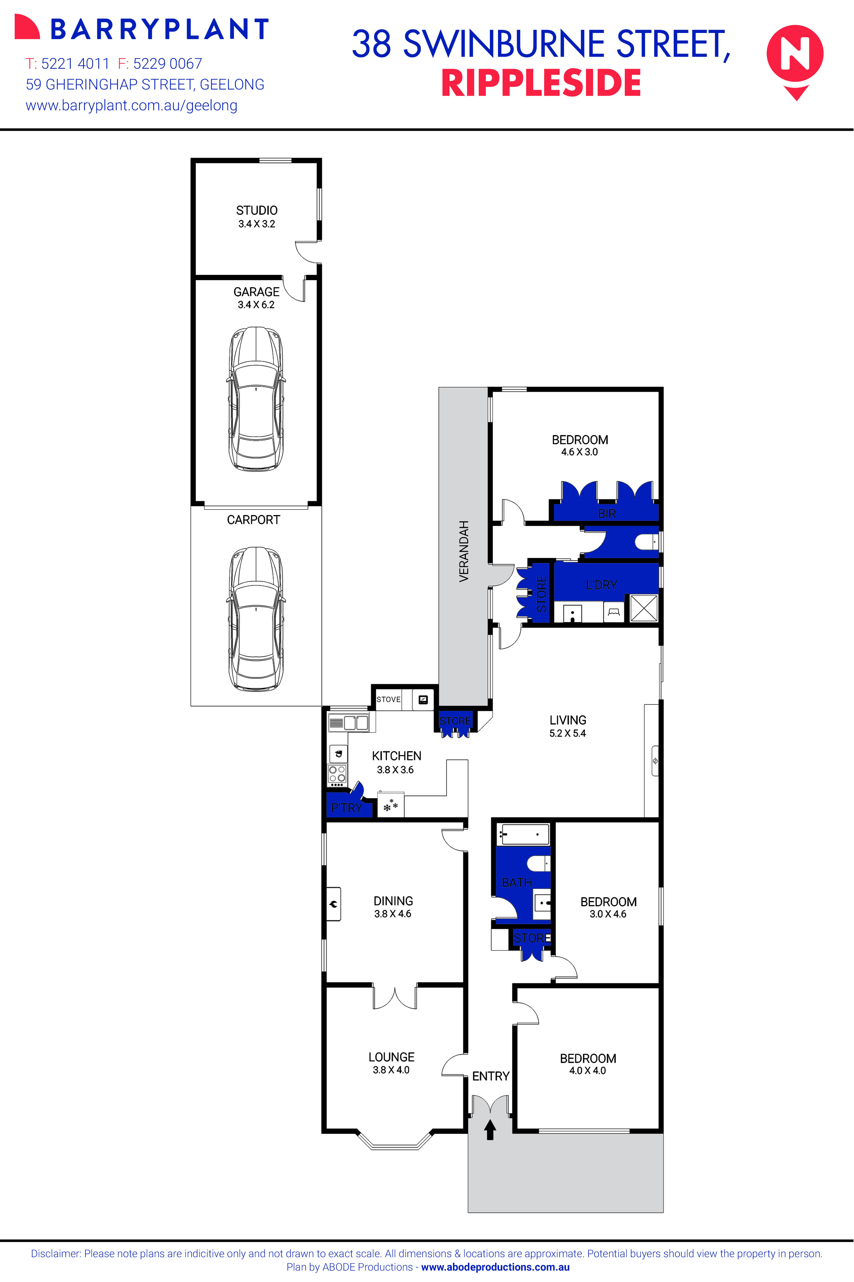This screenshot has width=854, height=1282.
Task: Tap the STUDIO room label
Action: click(x=257, y=210)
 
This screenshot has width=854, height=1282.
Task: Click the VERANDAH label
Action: click(x=464, y=551)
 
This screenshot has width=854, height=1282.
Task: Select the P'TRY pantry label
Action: click(x=346, y=808)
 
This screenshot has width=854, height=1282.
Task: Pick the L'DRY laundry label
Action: click(x=601, y=584)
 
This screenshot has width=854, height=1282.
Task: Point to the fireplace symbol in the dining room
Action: click(x=333, y=904)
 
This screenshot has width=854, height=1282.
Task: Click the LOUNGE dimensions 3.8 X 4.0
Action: click(x=391, y=1070)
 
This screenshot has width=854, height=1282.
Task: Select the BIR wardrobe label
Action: click(x=607, y=513)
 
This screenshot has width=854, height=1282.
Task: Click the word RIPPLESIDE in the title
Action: click(x=541, y=83)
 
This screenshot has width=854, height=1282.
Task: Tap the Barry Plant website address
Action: click(x=131, y=106)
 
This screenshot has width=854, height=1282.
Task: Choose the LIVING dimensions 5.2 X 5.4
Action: click(x=567, y=733)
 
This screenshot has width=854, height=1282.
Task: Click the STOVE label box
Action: click(x=388, y=699)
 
